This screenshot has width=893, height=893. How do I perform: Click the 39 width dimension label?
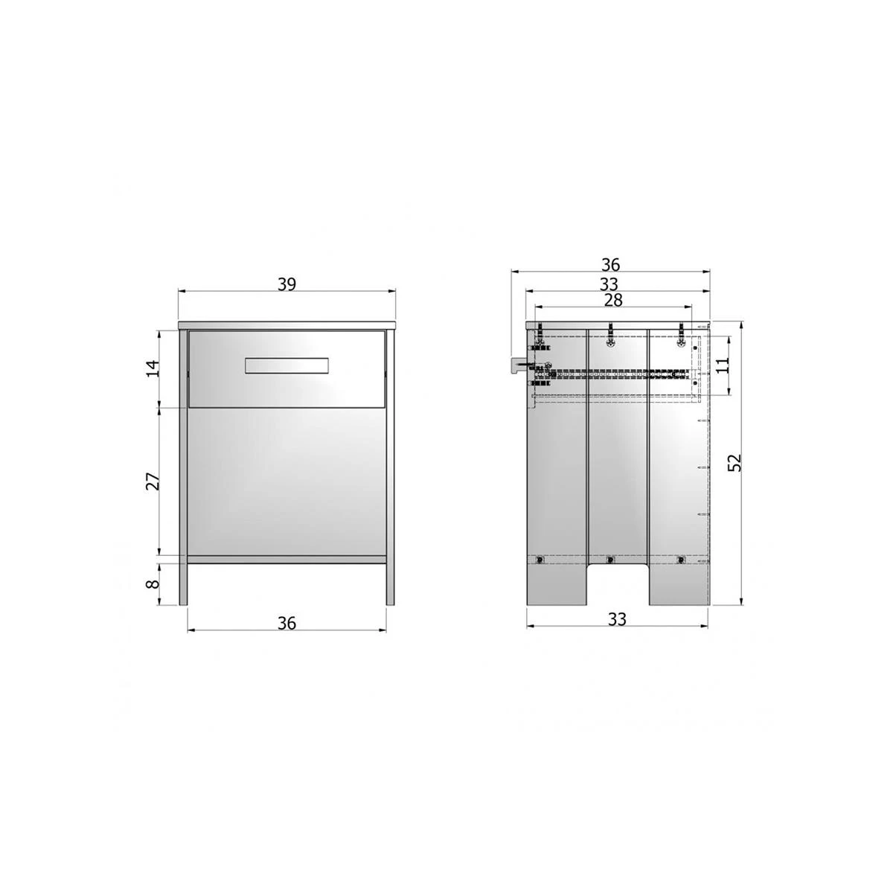[287, 284]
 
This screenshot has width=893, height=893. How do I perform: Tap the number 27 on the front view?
[152, 481]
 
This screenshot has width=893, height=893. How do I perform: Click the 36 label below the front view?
[287, 623]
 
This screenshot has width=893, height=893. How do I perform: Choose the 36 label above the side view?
[610, 265]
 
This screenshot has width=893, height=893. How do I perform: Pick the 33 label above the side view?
[610, 284]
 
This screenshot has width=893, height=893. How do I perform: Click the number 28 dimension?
[613, 299]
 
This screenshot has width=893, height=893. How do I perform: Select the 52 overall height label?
[736, 462]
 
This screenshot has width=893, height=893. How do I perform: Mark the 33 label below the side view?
[617, 618]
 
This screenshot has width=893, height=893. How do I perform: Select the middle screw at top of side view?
[611, 336]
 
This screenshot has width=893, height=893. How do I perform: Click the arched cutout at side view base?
[617, 585]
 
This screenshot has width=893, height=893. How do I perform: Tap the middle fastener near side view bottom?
[611, 560]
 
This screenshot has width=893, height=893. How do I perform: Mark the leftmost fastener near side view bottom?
[541, 560]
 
